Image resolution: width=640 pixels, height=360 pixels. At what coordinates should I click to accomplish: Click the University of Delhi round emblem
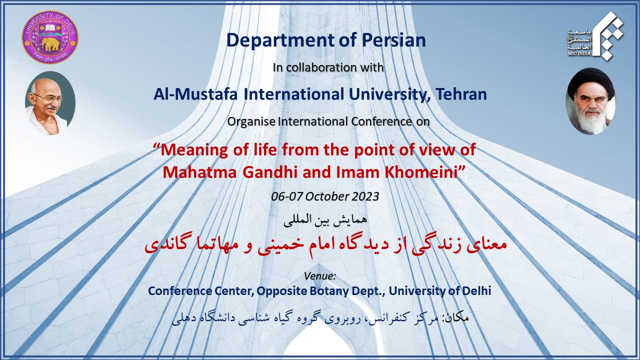click(x=50, y=37)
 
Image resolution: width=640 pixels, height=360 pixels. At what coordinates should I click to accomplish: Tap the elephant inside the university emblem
click(x=50, y=44)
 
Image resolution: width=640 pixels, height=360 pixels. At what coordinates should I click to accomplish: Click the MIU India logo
click(x=595, y=36)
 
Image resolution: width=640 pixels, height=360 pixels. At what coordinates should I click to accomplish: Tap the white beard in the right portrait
click(x=592, y=120)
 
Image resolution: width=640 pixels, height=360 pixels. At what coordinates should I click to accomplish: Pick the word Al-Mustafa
click(x=195, y=94)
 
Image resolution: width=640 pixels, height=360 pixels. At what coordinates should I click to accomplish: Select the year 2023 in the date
click(x=365, y=196)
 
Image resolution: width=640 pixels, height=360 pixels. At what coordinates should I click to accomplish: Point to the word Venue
click(x=319, y=276)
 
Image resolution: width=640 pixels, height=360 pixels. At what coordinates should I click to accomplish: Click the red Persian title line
click(x=325, y=245)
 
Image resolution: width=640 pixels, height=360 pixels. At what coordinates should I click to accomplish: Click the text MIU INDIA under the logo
click(x=579, y=53)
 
